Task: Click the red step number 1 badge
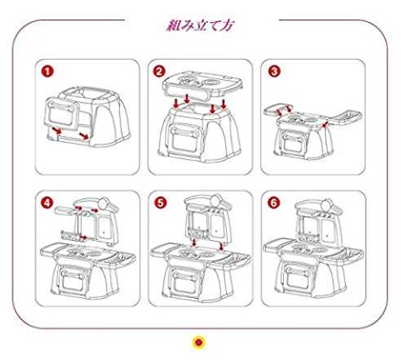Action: tap(47, 72)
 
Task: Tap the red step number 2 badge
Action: tap(159, 71)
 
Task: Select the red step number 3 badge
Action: tap(274, 71)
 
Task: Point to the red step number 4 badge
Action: tap(47, 202)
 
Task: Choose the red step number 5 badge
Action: tap(161, 202)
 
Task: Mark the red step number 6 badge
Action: tap(273, 202)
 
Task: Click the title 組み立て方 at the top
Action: tap(201, 25)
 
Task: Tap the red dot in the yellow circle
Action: tap(199, 342)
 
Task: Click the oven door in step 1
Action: tap(61, 113)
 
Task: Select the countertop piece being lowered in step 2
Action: tap(202, 85)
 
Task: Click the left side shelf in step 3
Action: tap(278, 109)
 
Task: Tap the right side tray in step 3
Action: tap(345, 117)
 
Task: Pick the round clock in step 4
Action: tap(104, 203)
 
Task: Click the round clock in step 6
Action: tap(327, 204)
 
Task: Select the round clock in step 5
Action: tap(216, 200)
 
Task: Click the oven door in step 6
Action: tap(298, 278)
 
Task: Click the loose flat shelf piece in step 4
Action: tap(64, 210)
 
